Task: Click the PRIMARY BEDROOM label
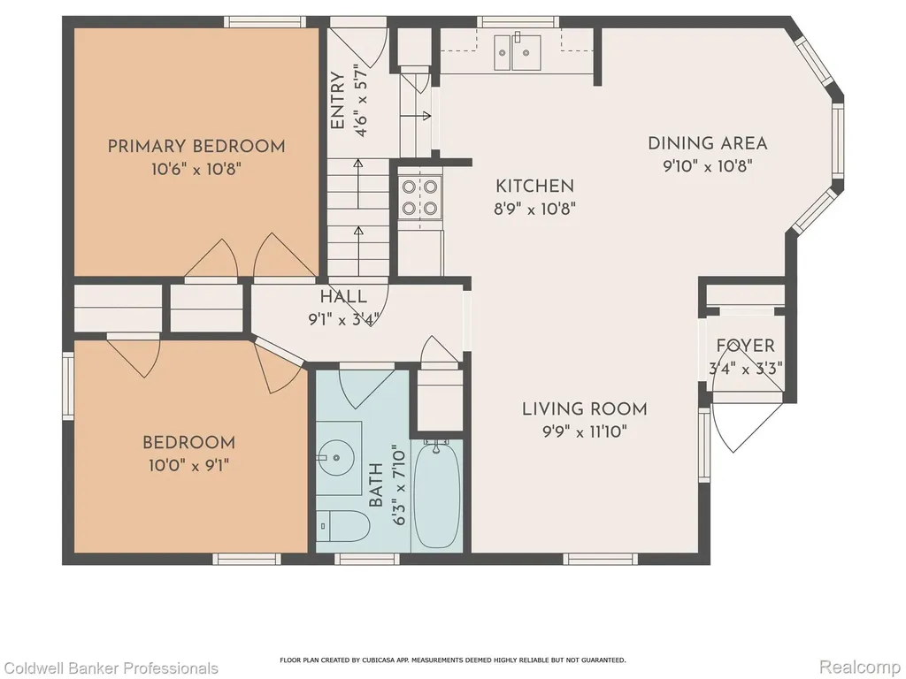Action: coord(196,146)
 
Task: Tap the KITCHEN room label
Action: coord(535,186)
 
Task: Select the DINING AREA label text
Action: coord(708,143)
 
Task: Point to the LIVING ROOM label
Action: coord(585,408)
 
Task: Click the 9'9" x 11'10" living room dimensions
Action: coord(585,431)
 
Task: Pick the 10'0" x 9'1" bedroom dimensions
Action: coord(189,465)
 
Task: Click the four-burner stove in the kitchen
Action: coord(420,197)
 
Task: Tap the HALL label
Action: coord(344,297)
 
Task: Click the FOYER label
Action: coord(745,346)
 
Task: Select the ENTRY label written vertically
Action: coord(337,101)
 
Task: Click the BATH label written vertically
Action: coord(375,485)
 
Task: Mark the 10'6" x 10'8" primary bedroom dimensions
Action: coord(196,169)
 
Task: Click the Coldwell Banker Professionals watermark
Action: coord(109,668)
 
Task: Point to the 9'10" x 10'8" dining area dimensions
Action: coord(708,166)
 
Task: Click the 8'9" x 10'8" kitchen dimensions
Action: coord(535,209)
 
